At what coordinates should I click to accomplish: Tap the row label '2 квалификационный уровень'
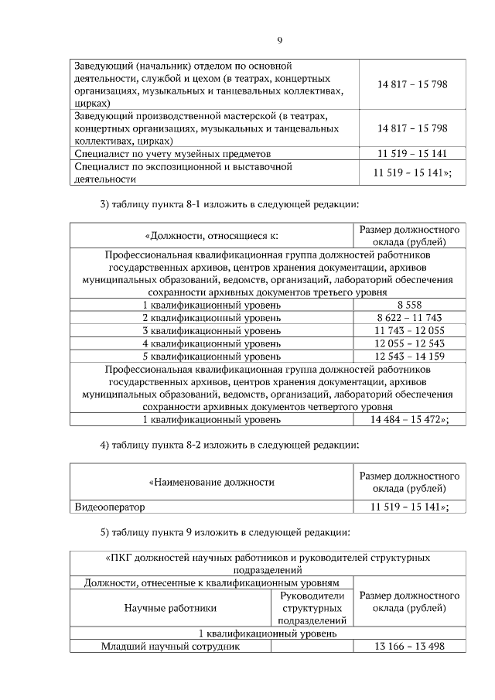pyautogui.click(x=211, y=318)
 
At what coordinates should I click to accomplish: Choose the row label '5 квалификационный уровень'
pyautogui.click(x=211, y=355)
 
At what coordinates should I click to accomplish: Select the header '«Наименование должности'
pyautogui.click(x=211, y=482)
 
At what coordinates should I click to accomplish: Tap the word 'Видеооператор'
pyautogui.click(x=110, y=507)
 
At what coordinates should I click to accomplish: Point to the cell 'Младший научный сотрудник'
pyautogui.click(x=172, y=647)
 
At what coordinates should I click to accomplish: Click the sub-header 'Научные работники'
pyautogui.click(x=171, y=608)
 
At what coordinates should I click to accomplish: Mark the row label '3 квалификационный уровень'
pyautogui.click(x=211, y=330)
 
